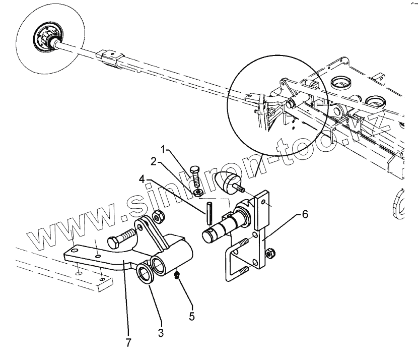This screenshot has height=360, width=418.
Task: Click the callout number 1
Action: tap(163, 150)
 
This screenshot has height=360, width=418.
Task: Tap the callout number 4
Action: tap(143, 178)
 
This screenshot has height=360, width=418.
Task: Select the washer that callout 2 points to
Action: tap(198, 192)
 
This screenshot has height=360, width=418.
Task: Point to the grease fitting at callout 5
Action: tap(178, 275)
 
